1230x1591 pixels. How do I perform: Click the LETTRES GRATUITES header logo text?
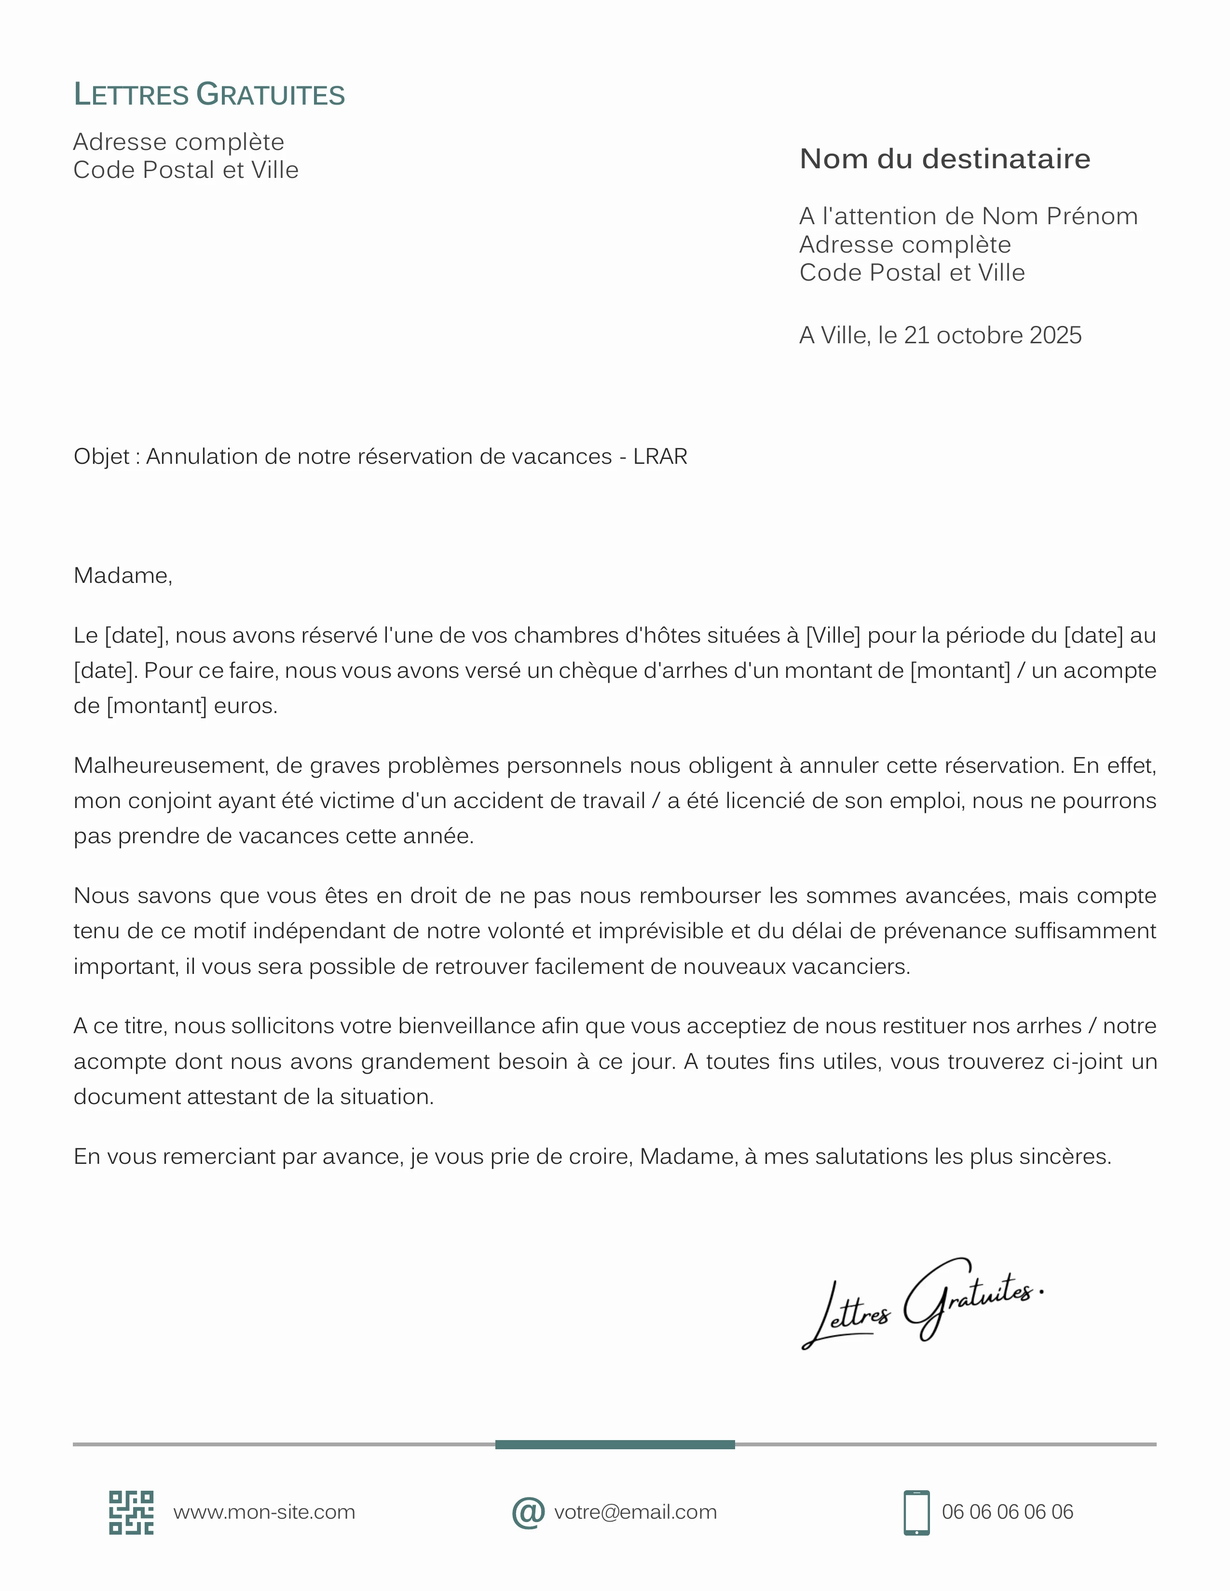pyautogui.click(x=209, y=94)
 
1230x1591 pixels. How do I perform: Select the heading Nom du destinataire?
pyautogui.click(x=944, y=159)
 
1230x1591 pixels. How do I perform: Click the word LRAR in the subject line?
pyautogui.click(x=660, y=457)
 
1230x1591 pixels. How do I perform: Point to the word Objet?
pyautogui.click(x=101, y=457)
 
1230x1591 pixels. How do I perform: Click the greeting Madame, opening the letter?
pyautogui.click(x=123, y=576)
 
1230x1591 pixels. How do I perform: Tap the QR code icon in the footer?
pyautogui.click(x=131, y=1512)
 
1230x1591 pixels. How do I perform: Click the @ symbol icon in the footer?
pyautogui.click(x=528, y=1512)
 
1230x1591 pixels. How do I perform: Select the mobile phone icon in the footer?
pyautogui.click(x=916, y=1512)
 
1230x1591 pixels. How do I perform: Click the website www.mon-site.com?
pyautogui.click(x=264, y=1512)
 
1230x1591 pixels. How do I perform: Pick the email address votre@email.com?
pyautogui.click(x=635, y=1512)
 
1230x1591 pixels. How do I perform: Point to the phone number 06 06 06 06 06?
pyautogui.click(x=1007, y=1512)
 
